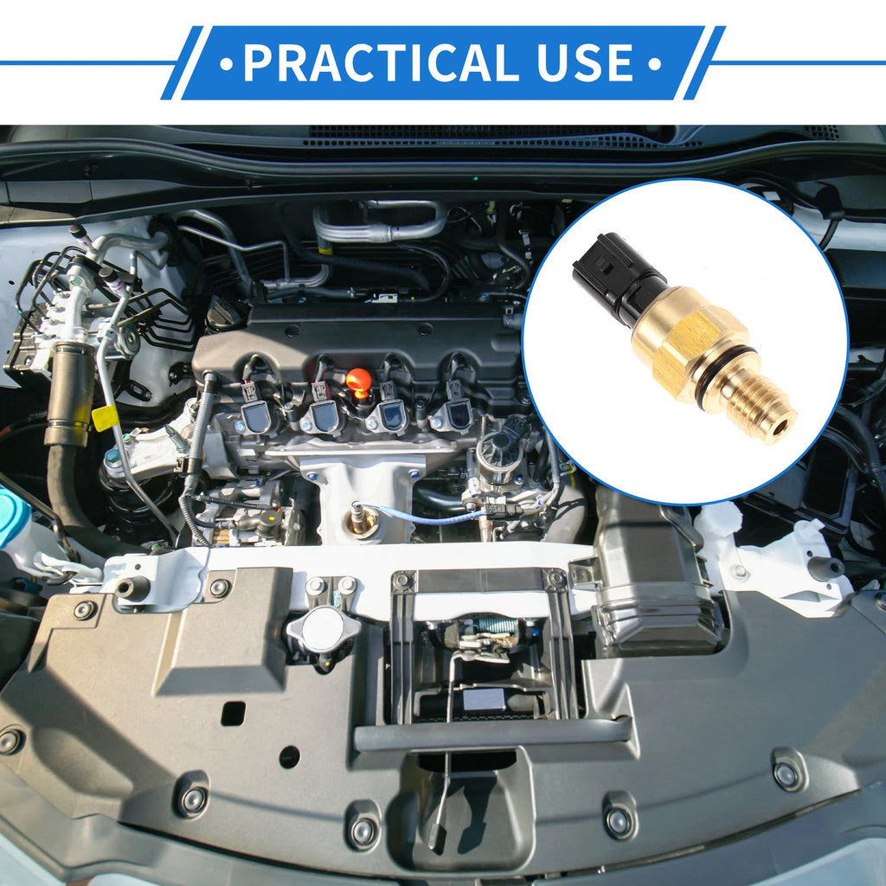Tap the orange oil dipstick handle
coord(359,382)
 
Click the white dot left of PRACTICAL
coord(227,63)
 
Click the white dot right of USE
coord(654,63)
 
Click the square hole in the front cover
coord(233,714)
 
